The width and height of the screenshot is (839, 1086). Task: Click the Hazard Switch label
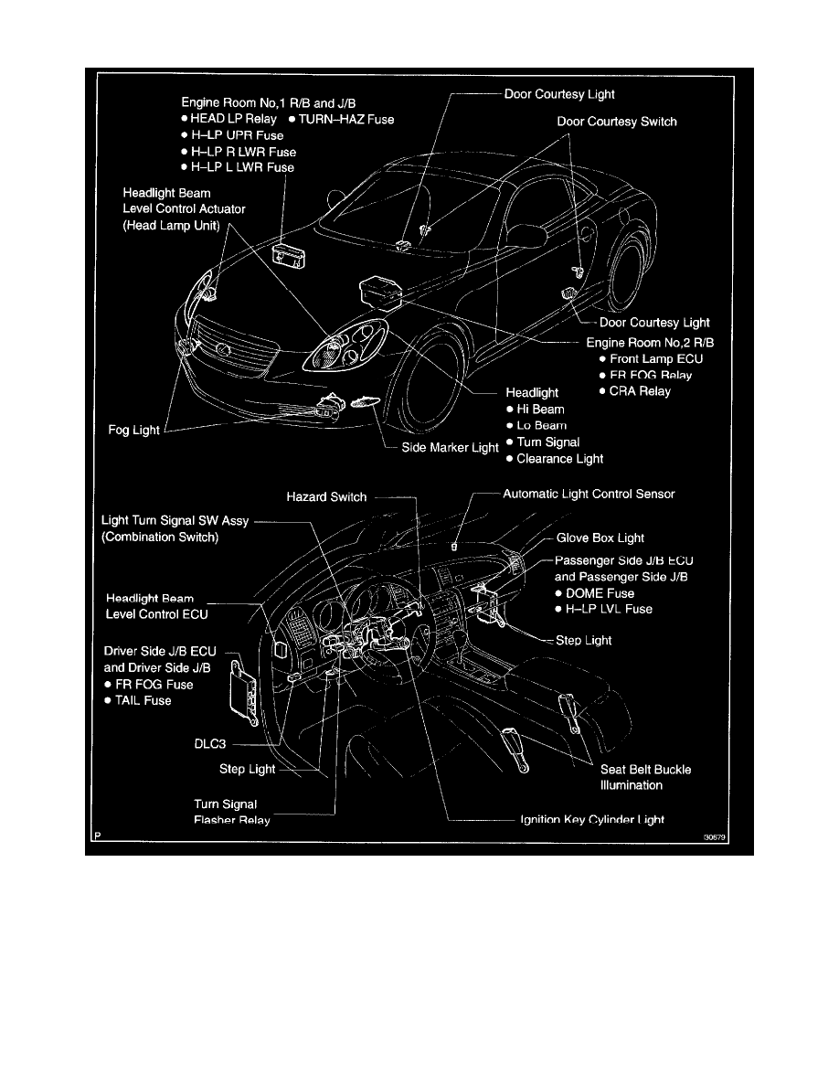click(326, 497)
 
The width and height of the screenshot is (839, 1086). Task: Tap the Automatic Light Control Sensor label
click(589, 494)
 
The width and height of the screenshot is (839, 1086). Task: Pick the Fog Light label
click(133, 431)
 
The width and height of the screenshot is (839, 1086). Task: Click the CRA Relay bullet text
click(640, 391)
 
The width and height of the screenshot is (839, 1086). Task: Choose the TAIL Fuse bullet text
click(143, 700)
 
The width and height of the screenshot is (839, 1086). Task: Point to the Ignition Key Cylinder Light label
click(591, 820)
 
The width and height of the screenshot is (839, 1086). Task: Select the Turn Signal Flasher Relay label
click(231, 812)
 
